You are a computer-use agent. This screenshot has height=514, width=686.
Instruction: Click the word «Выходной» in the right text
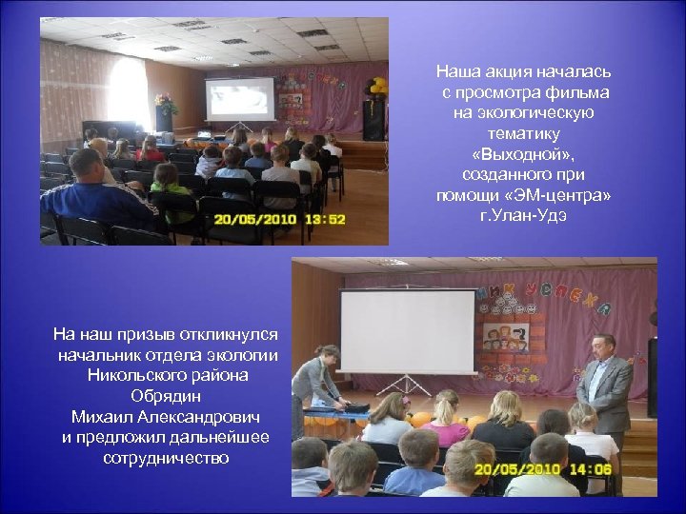[x=523, y=154]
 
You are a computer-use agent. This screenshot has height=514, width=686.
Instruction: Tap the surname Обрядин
[x=166, y=395]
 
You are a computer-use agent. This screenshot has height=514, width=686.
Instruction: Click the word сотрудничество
[x=166, y=458]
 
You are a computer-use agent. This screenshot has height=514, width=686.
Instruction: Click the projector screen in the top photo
[x=240, y=99]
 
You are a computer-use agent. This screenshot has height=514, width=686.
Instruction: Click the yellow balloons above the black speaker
[x=378, y=87]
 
